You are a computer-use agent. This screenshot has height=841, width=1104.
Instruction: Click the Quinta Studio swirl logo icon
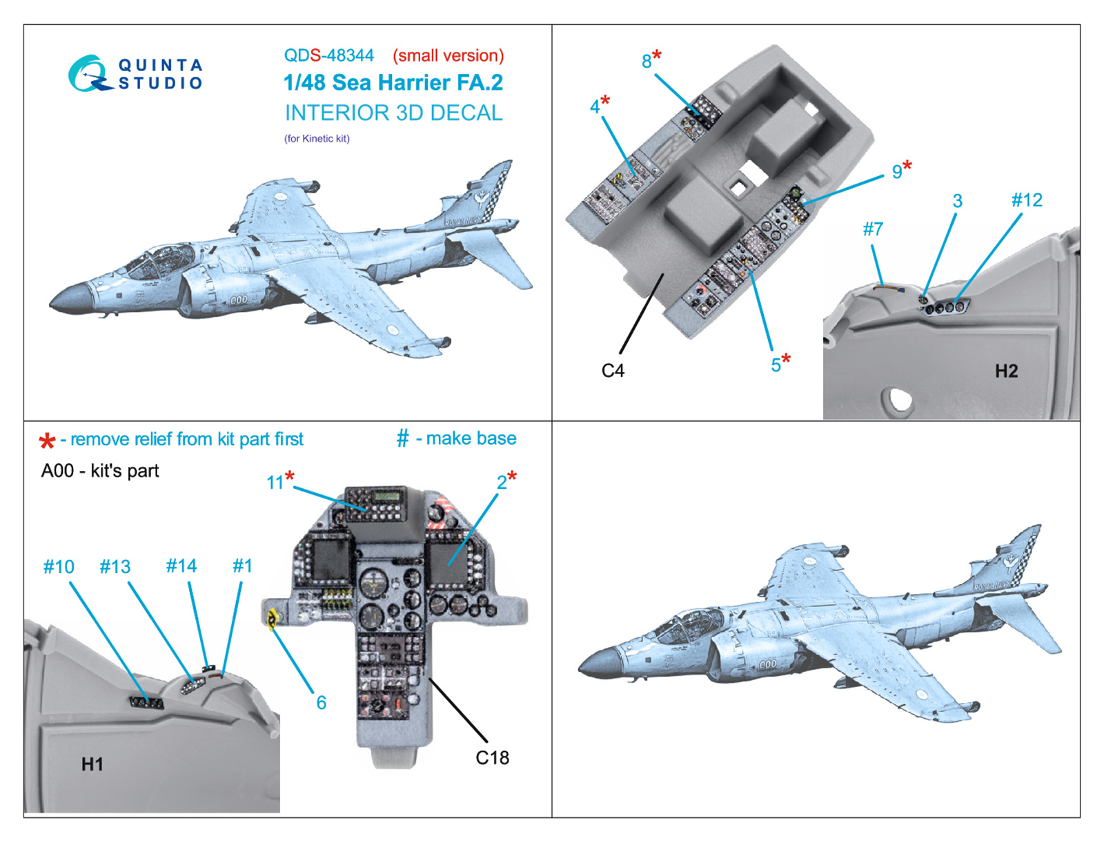pyautogui.click(x=88, y=74)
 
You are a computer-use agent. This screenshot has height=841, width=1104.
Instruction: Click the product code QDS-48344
pyautogui.click(x=328, y=55)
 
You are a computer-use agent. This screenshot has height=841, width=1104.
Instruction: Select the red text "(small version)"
pyautogui.click(x=448, y=55)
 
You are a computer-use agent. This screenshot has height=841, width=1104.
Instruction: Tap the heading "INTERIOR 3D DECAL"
pyautogui.click(x=393, y=113)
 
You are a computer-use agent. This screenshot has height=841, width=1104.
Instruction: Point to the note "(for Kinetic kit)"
pyautogui.click(x=317, y=139)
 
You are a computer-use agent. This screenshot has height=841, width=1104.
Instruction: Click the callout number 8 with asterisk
pyautogui.click(x=651, y=59)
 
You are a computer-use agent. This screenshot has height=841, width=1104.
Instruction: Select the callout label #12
pyautogui.click(x=1027, y=200)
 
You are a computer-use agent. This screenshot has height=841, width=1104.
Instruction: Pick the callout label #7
pyautogui.click(x=873, y=229)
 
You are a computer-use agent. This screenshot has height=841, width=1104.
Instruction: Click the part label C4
pyautogui.click(x=613, y=371)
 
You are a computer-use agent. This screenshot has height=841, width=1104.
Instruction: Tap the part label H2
pyautogui.click(x=1006, y=371)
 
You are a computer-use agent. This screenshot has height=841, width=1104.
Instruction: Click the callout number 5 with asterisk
pyautogui.click(x=780, y=363)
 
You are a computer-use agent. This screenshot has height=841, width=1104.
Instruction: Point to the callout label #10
pyautogui.click(x=59, y=567)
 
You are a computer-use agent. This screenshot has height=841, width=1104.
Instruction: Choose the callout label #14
pyautogui.click(x=181, y=566)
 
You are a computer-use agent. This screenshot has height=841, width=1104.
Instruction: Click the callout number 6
pyautogui.click(x=321, y=702)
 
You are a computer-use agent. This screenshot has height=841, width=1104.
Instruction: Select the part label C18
pyautogui.click(x=492, y=757)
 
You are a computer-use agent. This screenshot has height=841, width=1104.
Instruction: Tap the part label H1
pyautogui.click(x=92, y=764)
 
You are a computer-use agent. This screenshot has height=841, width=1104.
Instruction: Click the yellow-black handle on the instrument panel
pyautogui.click(x=272, y=619)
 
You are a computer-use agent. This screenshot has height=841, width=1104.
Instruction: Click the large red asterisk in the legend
pyautogui.click(x=47, y=441)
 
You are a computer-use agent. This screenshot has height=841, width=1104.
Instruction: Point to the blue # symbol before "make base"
pyautogui.click(x=403, y=438)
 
